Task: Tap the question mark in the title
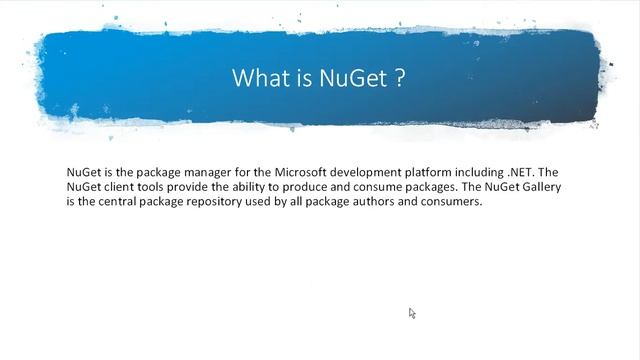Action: coord(400,78)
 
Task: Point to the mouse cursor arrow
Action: coord(411,313)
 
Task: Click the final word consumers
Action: coord(453,202)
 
